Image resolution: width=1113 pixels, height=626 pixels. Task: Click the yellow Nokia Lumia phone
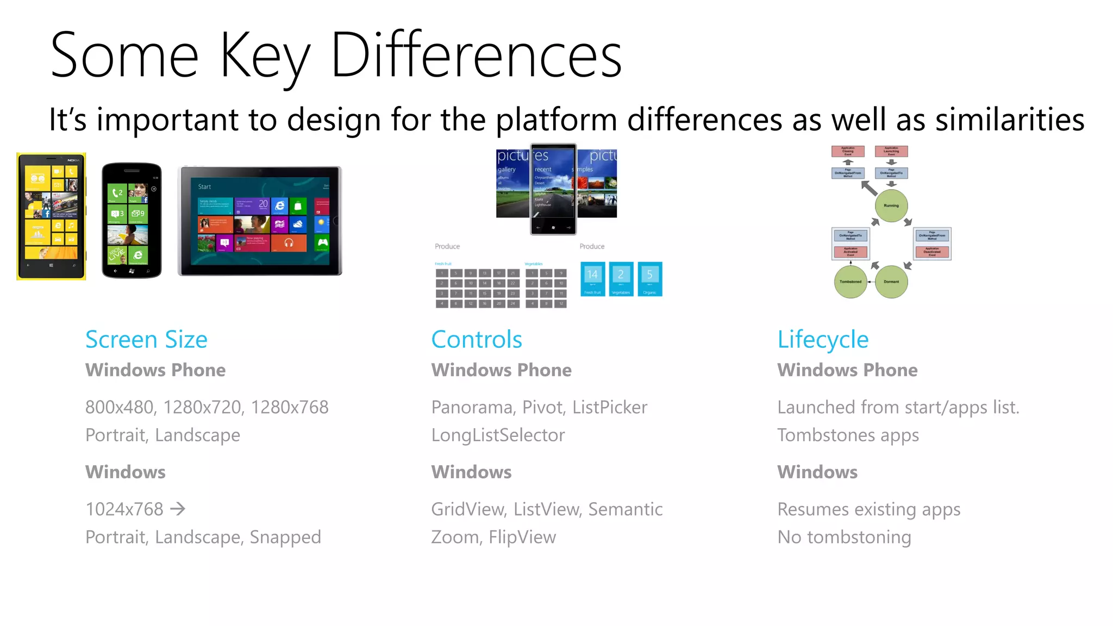[51, 216]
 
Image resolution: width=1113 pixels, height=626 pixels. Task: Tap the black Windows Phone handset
[132, 220]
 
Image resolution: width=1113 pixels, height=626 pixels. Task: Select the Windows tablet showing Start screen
[260, 221]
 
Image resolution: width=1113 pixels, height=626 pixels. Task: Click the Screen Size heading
[146, 340]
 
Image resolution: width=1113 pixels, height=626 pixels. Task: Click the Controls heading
[477, 340]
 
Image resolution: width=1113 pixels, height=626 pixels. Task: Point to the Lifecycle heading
[823, 340]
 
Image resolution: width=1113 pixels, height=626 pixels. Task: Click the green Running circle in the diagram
[891, 205]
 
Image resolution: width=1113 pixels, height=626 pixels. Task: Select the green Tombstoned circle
[851, 281]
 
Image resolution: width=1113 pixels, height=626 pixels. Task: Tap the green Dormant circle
[891, 281]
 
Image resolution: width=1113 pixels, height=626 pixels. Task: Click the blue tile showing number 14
[592, 279]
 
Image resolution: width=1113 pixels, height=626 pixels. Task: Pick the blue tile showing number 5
[649, 279]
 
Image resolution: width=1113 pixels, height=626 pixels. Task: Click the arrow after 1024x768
[178, 509]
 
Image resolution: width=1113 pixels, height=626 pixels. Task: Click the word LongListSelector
[498, 435]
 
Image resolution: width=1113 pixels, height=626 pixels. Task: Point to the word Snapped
[285, 537]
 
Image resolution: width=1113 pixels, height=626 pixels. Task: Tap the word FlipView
[522, 537]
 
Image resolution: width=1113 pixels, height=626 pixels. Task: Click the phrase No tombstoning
[844, 537]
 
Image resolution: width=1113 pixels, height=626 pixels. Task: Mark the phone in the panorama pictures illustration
[553, 189]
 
